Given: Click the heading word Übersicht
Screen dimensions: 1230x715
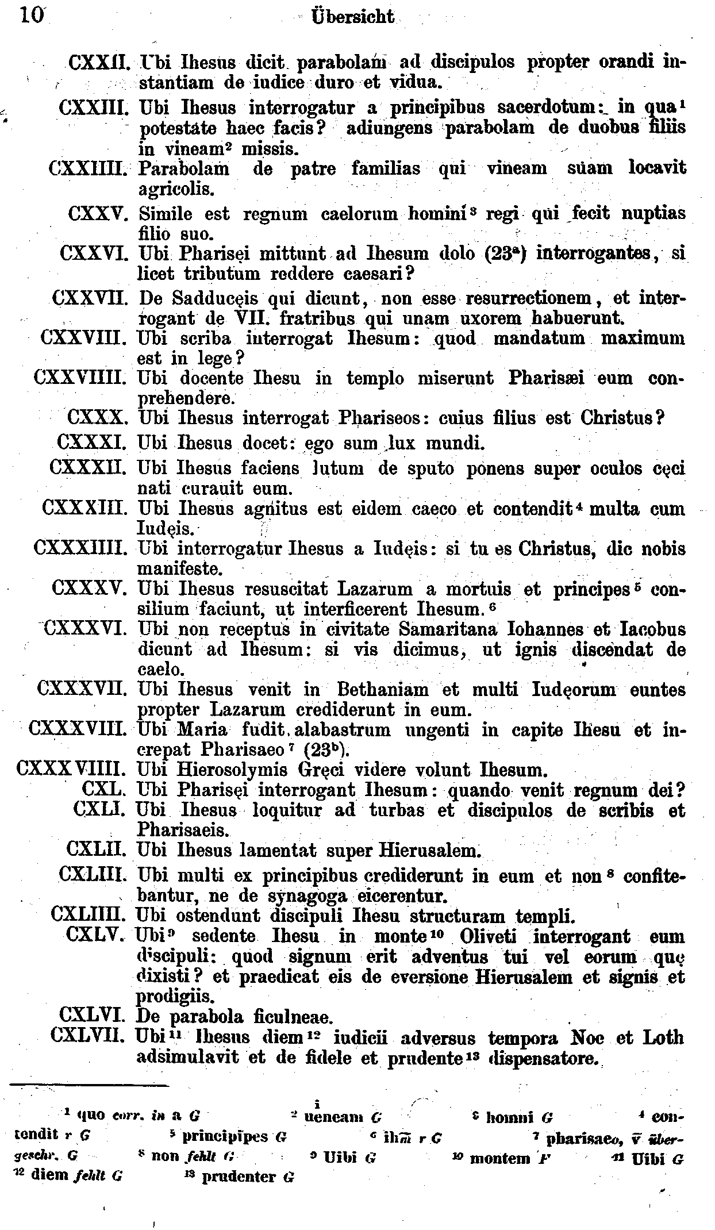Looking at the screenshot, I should click(352, 17).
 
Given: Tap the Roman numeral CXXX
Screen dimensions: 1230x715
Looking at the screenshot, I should click(97, 418).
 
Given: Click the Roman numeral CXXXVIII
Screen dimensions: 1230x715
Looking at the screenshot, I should click(77, 730).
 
